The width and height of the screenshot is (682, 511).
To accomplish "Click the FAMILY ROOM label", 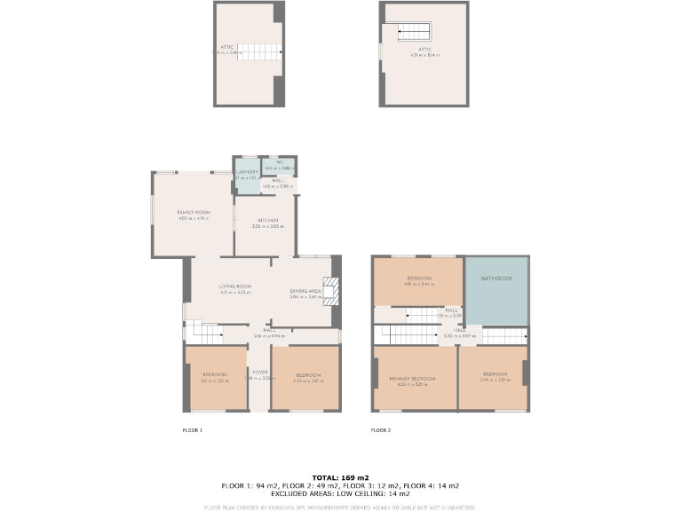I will [193, 213].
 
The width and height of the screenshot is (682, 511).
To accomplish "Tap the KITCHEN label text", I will [268, 220].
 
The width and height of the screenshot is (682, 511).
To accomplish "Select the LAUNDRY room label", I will [247, 172].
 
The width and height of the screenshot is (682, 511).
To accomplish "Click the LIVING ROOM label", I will [235, 287].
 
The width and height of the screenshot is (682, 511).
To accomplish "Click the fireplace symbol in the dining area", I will [330, 291].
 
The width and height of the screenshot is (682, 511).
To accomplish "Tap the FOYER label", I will [260, 373].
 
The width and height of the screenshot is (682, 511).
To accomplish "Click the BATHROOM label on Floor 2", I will [496, 279].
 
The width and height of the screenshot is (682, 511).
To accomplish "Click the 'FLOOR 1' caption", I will [192, 430].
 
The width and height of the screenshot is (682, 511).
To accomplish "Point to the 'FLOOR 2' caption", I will [380, 430].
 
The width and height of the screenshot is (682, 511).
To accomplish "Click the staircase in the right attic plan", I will [414, 33].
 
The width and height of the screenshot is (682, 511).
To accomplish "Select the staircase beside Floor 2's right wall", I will [504, 334].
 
